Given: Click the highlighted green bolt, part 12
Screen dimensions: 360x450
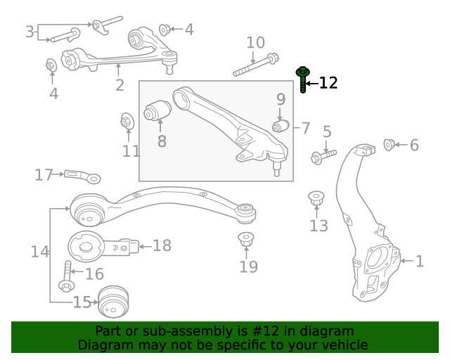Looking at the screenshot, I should click(x=303, y=79).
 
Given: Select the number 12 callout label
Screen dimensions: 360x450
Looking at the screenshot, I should click(x=328, y=83).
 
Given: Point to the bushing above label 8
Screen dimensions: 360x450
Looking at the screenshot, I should click(x=158, y=111).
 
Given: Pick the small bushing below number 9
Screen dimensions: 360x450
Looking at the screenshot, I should click(x=281, y=126).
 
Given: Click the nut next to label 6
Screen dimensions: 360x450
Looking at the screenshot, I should click(x=388, y=145).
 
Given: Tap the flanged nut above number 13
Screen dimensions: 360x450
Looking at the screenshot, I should click(x=317, y=198).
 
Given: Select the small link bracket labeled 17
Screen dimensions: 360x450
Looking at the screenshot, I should click(x=82, y=176).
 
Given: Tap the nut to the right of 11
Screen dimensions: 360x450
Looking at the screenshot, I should click(x=127, y=122).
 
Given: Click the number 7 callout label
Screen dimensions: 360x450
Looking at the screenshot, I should click(x=306, y=128).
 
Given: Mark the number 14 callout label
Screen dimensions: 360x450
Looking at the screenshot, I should click(x=39, y=251).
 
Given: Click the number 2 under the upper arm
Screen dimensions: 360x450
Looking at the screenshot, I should click(x=120, y=85).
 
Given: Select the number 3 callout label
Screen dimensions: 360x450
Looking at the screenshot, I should click(x=30, y=32).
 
